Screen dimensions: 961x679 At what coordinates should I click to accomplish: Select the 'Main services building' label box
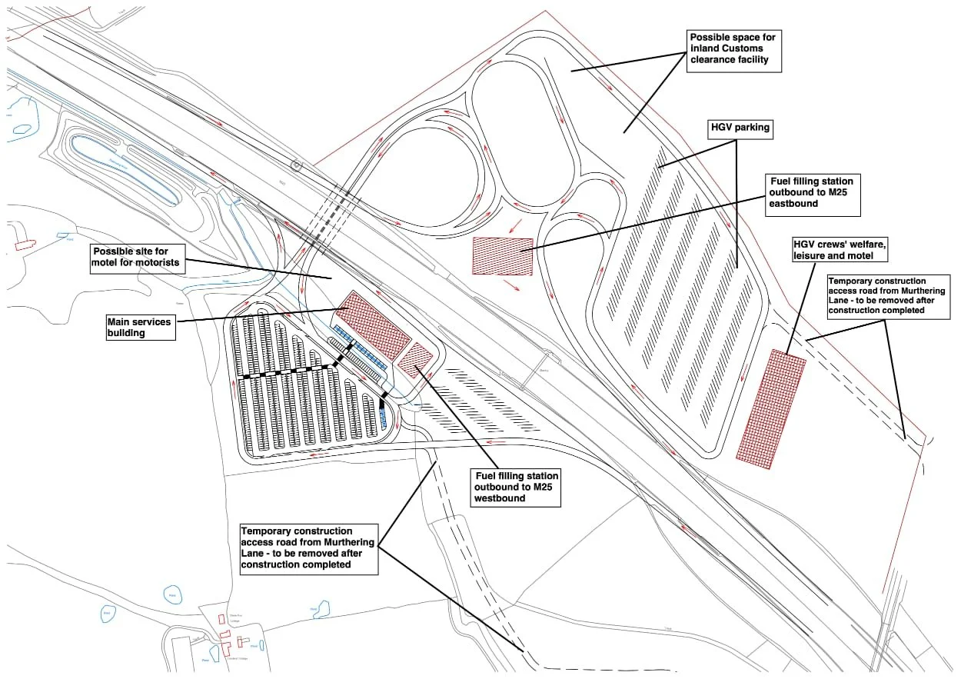click(141, 328)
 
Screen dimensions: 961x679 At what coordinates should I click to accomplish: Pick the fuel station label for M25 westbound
click(516, 487)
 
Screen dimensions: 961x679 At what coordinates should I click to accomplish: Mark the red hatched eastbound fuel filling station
click(502, 255)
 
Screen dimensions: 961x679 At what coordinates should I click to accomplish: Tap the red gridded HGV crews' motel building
click(770, 408)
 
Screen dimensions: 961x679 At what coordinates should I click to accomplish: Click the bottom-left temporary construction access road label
click(308, 548)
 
